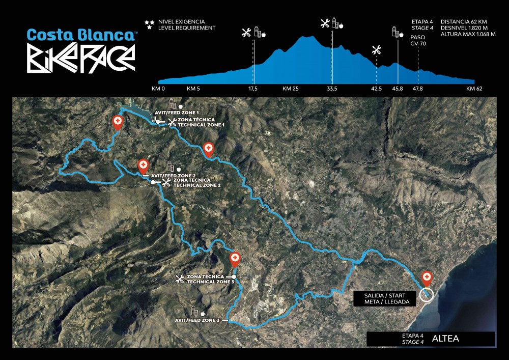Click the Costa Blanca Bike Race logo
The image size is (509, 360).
[81, 49]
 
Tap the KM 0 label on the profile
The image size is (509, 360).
[158, 89]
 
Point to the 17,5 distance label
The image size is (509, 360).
[253, 89]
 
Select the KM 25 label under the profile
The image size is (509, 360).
[290, 89]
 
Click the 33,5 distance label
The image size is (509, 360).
[332, 89]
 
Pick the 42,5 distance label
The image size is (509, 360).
[376, 89]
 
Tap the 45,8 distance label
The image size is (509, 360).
[398, 89]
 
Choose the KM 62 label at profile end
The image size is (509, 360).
[474, 89]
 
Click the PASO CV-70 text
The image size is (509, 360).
[418, 40]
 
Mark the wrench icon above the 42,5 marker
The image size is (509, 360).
[377, 50]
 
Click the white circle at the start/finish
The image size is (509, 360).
[427, 294]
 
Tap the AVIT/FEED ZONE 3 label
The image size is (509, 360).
[197, 320]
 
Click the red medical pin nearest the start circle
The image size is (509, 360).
[427, 278]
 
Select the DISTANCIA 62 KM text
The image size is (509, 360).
[467, 21]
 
